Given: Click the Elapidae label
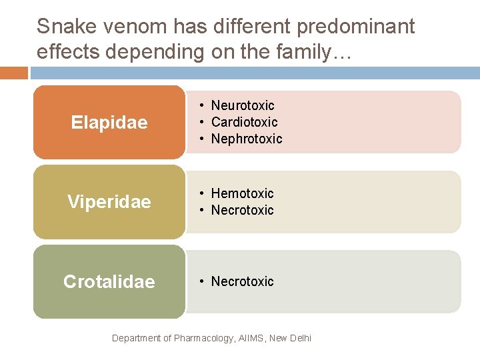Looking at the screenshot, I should click(x=109, y=123).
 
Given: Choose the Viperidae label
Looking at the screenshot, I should click(x=109, y=202).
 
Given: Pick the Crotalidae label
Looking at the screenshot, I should click(x=109, y=281).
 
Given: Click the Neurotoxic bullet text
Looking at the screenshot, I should click(x=243, y=105).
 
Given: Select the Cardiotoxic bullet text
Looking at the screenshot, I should click(x=244, y=122).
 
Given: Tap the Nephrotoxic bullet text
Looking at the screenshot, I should click(x=247, y=139).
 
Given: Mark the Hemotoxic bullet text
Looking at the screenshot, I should click(x=243, y=193).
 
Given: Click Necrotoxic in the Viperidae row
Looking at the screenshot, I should click(x=243, y=210).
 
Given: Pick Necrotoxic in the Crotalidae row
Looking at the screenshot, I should click(x=243, y=281).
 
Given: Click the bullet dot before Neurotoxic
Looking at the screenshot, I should click(x=201, y=105).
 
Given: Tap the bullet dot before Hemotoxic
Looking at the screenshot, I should click(x=201, y=193).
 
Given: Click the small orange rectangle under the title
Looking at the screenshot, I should click(x=14, y=72).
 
